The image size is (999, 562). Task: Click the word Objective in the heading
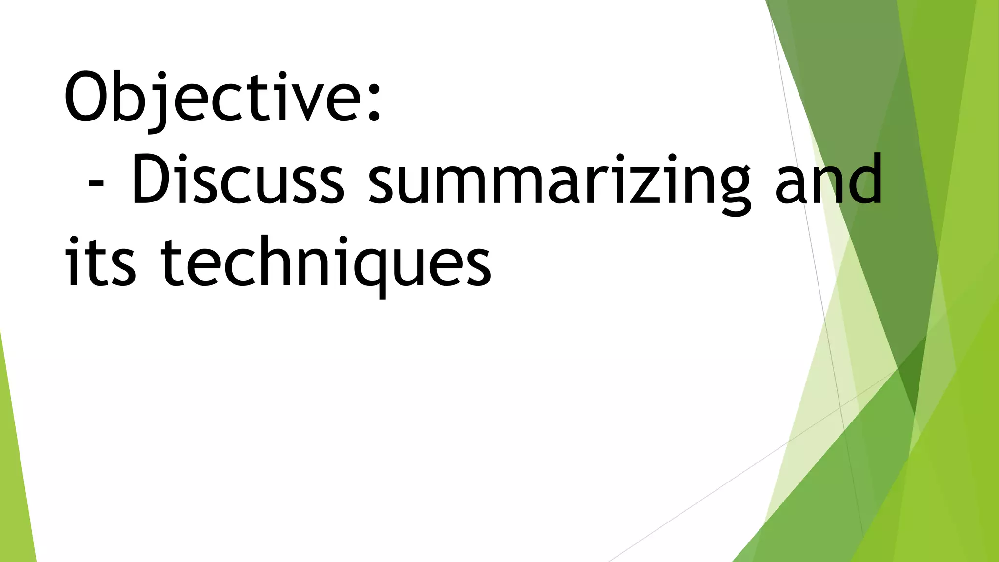pyautogui.click(x=215, y=98)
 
